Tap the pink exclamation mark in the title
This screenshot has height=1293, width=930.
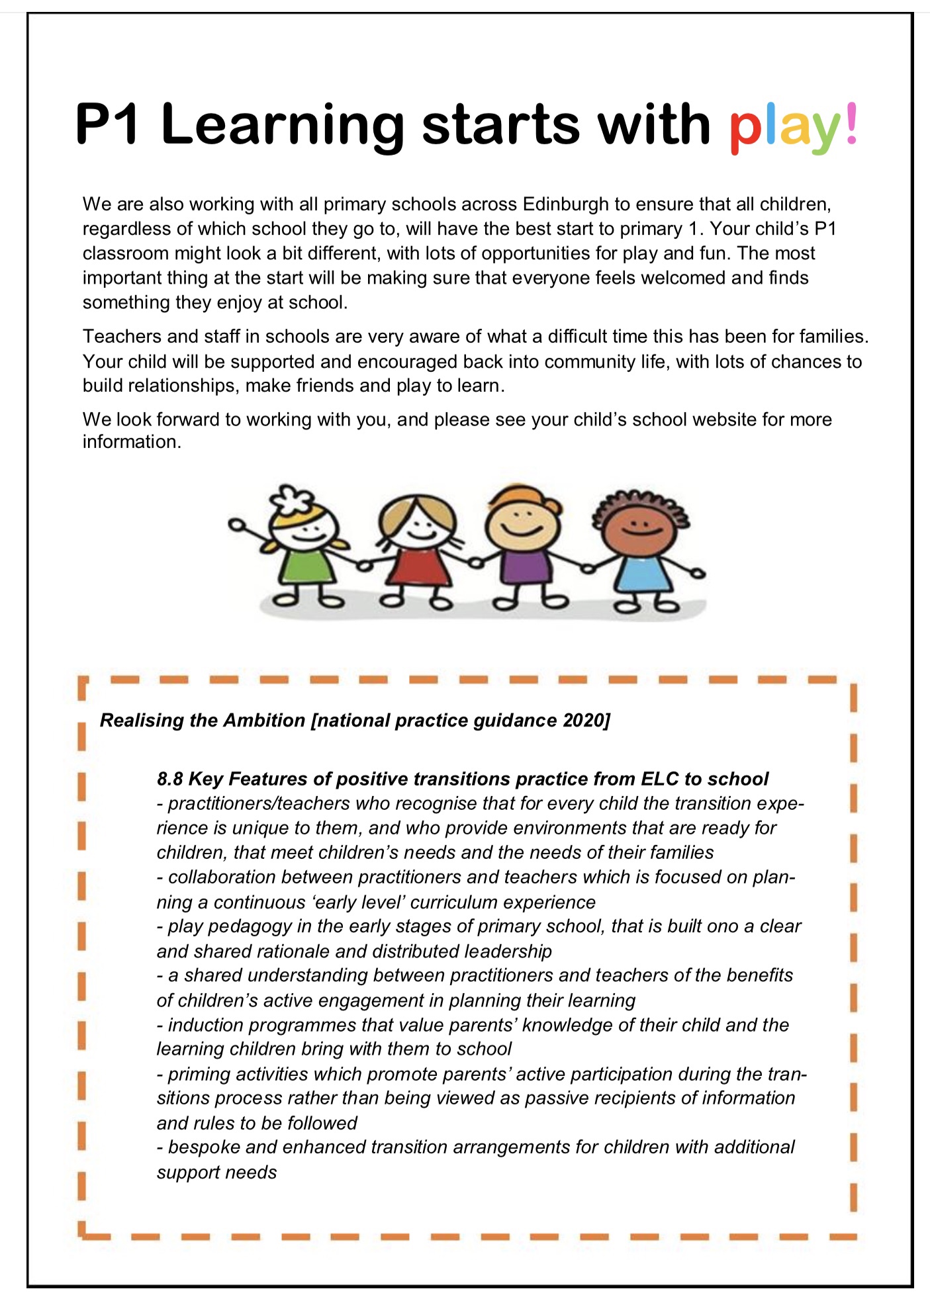pyautogui.click(x=851, y=123)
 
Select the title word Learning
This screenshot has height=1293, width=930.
pyautogui.click(x=282, y=126)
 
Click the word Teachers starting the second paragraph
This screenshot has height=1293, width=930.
pyautogui.click(x=122, y=337)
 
